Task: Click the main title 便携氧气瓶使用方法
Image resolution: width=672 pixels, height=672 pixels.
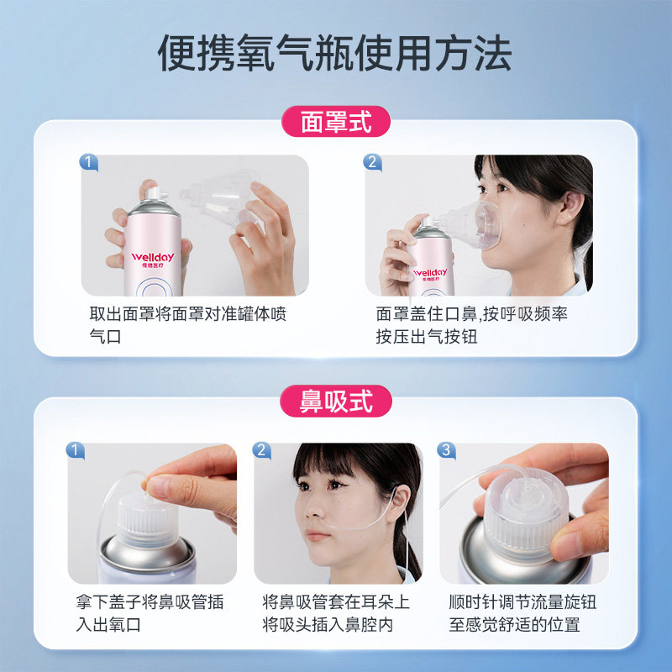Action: [334, 53]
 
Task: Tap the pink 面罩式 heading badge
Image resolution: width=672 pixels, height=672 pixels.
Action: [335, 122]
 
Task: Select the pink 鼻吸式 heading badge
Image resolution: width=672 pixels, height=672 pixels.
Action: [335, 402]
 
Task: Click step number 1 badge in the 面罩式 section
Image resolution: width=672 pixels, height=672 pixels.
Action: [89, 162]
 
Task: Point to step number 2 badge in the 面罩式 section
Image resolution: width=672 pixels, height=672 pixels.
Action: [372, 162]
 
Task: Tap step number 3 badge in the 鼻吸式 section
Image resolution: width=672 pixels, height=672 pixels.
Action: [446, 450]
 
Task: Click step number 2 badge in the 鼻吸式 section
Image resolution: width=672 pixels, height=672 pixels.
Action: [261, 450]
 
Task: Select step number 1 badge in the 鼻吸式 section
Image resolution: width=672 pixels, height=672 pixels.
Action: [75, 450]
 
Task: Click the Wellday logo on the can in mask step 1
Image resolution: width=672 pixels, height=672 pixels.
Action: [153, 259]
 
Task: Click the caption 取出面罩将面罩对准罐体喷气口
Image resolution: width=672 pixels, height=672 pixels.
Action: [187, 325]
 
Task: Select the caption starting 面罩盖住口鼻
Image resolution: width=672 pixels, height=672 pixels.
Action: [471, 325]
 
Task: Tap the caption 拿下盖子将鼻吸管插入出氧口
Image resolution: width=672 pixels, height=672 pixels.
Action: [150, 613]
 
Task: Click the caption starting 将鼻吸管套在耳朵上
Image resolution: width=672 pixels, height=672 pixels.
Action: [336, 613]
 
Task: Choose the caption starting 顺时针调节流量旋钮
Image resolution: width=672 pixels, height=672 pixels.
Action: [522, 613]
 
